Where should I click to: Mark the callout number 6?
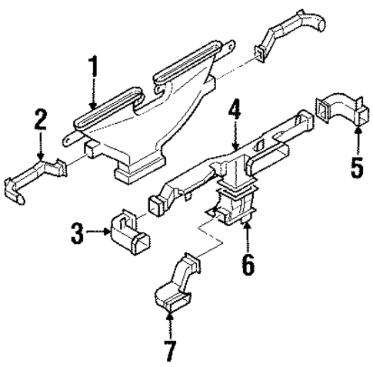pos(246,263)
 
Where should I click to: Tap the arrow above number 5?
pos(356,139)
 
